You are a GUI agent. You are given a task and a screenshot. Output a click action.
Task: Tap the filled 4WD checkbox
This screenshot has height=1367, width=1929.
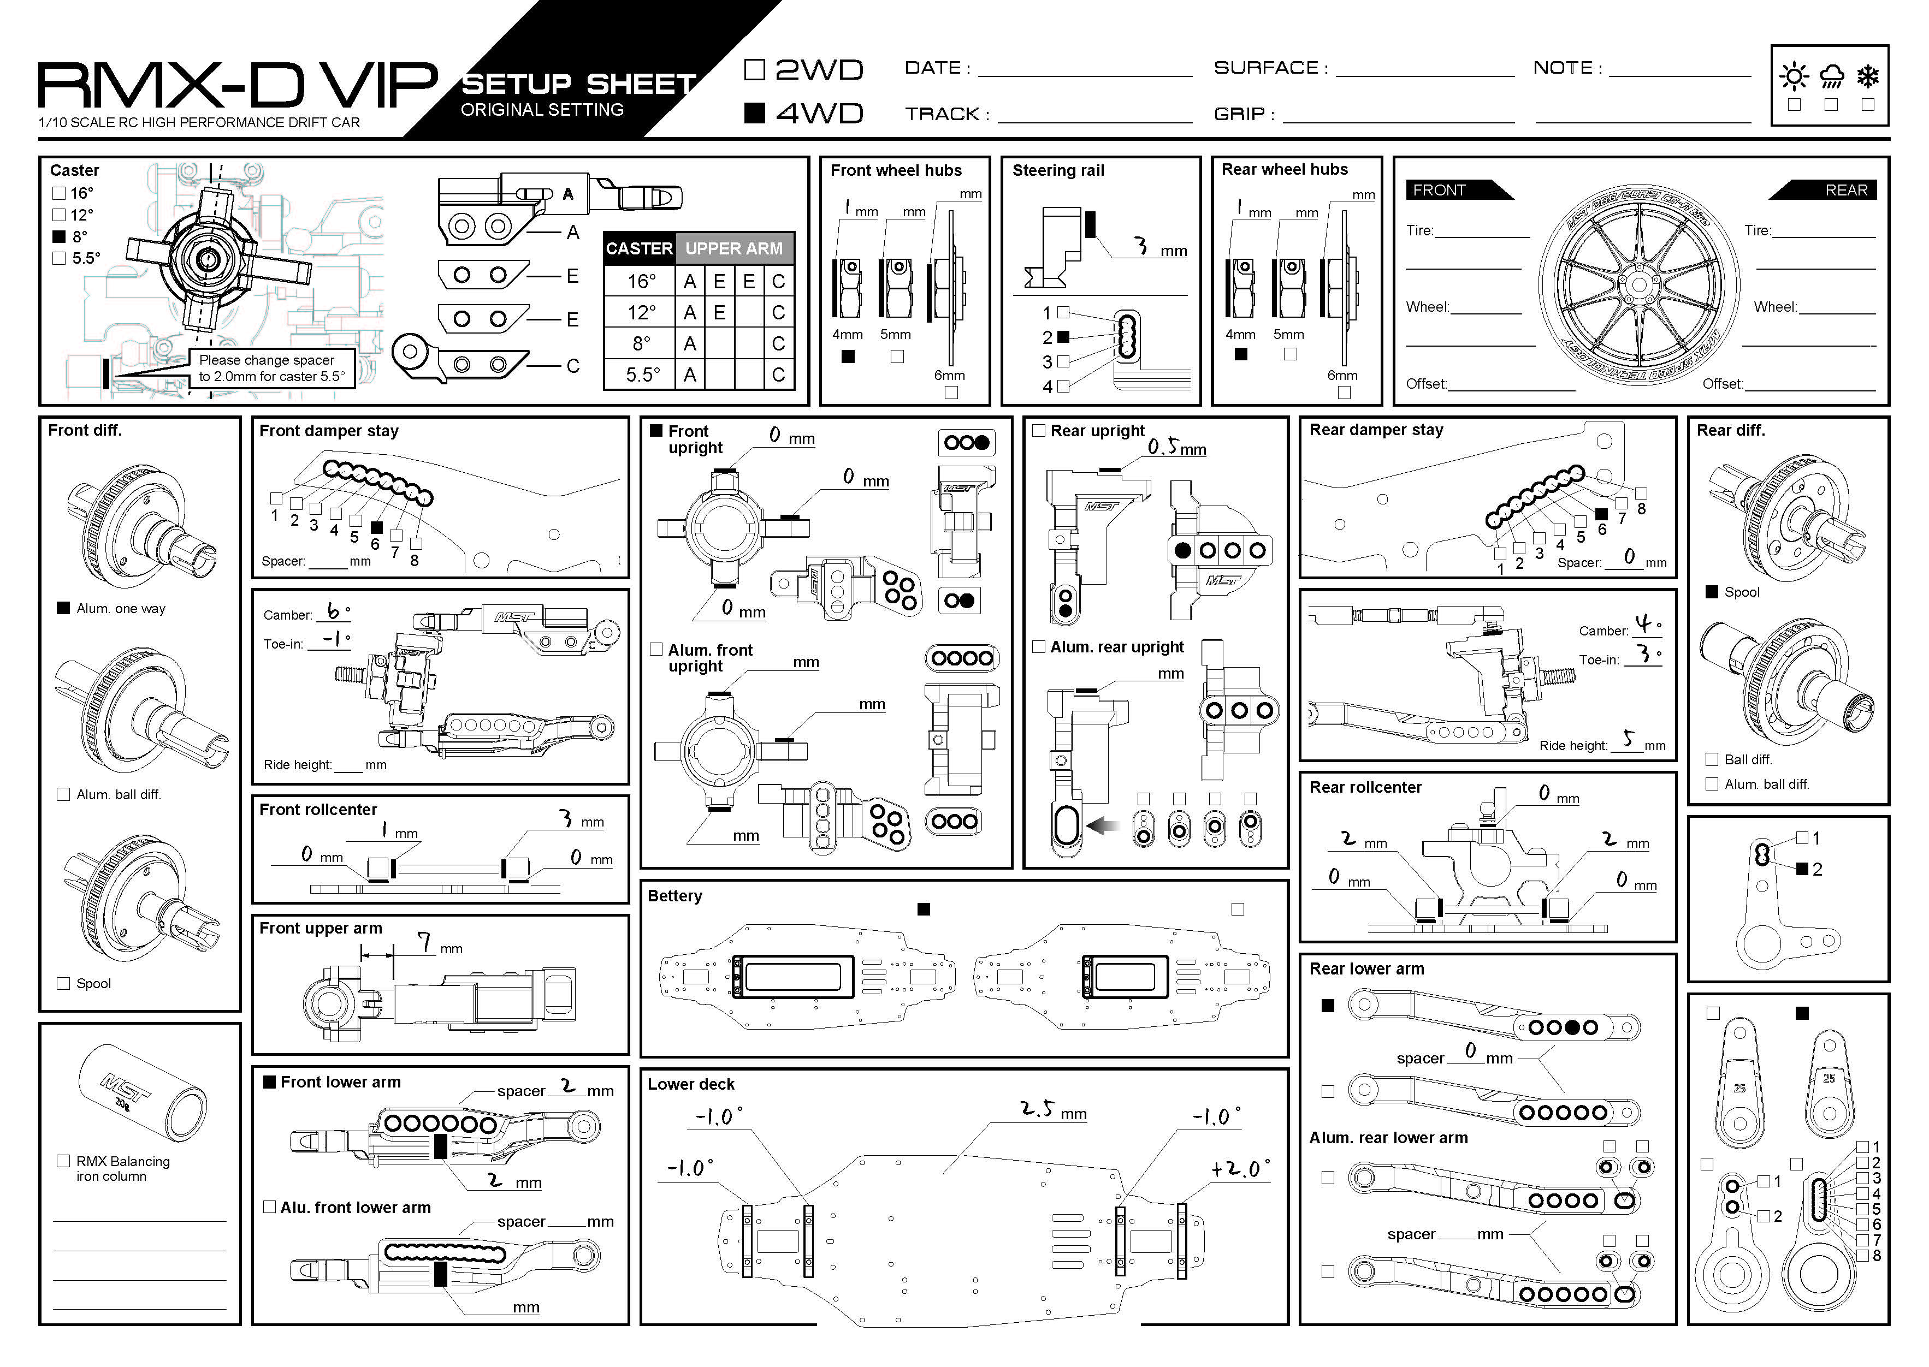(754, 113)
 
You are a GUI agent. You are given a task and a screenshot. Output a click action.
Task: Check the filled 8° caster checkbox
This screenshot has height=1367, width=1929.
(59, 236)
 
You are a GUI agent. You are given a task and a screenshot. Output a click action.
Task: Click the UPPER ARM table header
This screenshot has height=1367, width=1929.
(733, 248)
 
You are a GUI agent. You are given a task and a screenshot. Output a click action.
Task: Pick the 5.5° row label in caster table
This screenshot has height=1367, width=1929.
(642, 375)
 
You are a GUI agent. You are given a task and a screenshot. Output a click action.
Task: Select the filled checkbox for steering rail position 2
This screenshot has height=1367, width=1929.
(1063, 337)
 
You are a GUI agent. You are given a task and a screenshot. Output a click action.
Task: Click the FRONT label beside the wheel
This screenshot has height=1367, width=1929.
(1439, 190)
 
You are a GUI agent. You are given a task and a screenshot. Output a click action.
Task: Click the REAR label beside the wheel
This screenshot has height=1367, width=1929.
(1845, 190)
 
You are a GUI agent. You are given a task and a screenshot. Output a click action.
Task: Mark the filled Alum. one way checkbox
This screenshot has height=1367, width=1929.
(63, 608)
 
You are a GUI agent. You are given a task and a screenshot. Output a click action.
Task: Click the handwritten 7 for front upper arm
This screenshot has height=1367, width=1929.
(426, 942)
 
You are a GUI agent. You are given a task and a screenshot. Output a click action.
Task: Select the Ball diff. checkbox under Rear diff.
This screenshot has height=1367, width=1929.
(1712, 759)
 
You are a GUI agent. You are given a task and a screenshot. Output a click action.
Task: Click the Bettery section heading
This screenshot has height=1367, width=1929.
(674, 896)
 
